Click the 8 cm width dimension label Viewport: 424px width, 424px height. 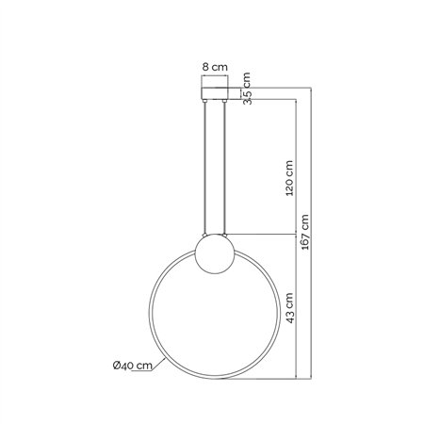pyautogui.click(x=216, y=68)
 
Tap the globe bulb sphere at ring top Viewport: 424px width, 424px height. pyautogui.click(x=212, y=256)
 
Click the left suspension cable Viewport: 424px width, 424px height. pyautogui.click(x=204, y=170)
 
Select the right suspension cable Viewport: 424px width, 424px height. pyautogui.click(x=225, y=170)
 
